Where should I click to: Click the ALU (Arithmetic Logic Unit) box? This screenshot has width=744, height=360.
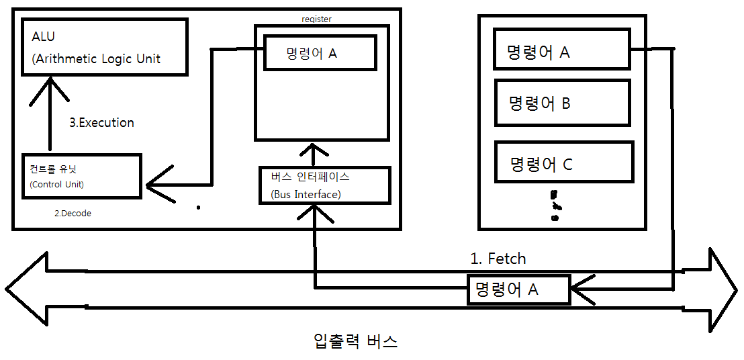point(103,46)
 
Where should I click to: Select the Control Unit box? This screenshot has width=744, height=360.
point(81,176)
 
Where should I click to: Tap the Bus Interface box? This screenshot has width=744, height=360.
point(325,185)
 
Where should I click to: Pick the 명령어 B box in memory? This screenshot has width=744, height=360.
point(561,103)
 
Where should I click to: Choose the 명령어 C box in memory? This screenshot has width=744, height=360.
point(563,162)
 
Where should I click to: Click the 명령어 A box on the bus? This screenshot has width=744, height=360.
point(518,289)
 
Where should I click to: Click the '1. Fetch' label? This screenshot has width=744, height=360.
point(498,258)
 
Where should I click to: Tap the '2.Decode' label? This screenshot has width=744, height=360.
point(73,214)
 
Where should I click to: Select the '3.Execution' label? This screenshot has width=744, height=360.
point(102,123)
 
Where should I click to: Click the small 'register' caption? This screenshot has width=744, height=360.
point(317,20)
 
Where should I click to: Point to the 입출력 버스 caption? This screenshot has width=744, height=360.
point(355,341)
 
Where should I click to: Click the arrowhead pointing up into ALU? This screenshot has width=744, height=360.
point(49,87)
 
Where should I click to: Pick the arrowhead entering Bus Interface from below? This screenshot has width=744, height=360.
point(314,214)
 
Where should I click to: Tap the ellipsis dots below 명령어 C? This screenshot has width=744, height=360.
point(555,206)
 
